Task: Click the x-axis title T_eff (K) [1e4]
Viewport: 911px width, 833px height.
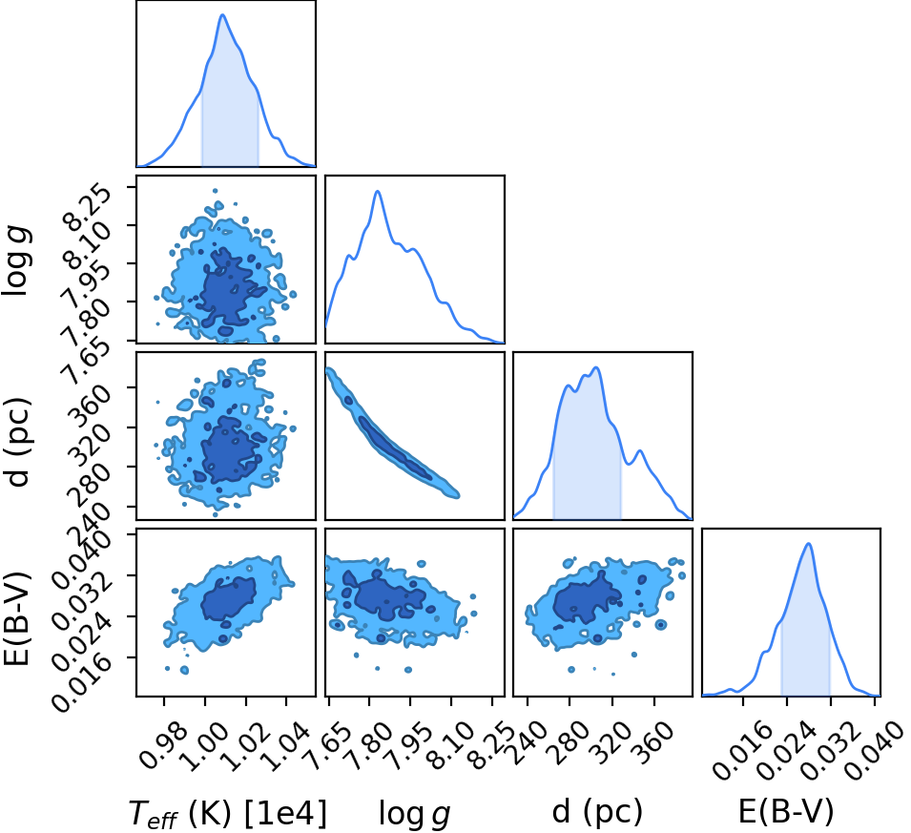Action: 228,813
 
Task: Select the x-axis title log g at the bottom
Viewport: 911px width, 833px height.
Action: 414,813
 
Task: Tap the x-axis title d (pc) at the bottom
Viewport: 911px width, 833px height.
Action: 597,812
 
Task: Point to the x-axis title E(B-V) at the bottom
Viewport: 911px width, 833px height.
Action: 785,810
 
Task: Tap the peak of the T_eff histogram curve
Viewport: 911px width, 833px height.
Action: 222,14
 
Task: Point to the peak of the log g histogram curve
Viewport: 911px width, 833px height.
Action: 378,191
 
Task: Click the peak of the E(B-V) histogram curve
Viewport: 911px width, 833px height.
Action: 808,544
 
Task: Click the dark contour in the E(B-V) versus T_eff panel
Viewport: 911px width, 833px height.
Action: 228,600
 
